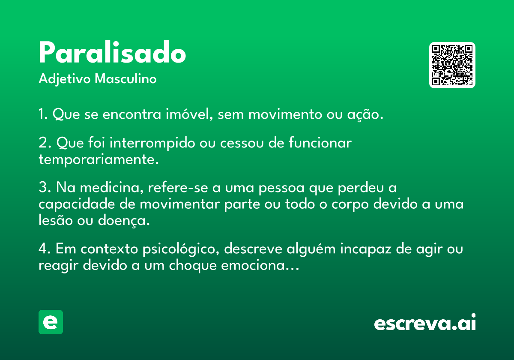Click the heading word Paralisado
(112, 52)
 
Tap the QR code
(452, 65)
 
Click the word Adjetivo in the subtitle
(65, 79)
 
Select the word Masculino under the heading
(126, 79)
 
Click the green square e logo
(51, 322)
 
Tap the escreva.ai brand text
(425, 322)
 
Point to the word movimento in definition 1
(285, 114)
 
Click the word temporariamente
(99, 159)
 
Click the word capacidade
(77, 204)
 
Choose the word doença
(124, 221)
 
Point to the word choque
(193, 266)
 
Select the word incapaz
(366, 249)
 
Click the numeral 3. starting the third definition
(45, 187)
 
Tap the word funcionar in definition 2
(320, 143)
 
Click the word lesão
(56, 220)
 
